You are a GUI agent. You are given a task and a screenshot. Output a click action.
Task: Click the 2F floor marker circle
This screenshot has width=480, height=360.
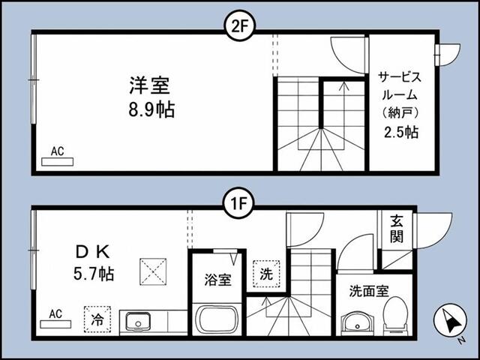(240, 28)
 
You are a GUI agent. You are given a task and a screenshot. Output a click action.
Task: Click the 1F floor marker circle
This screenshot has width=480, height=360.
(238, 203)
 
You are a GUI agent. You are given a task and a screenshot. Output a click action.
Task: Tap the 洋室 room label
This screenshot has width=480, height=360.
(149, 85)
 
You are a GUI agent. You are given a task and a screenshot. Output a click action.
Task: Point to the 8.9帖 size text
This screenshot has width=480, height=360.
(151, 109)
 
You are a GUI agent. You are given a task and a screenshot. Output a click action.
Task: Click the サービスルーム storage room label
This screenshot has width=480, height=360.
(400, 95)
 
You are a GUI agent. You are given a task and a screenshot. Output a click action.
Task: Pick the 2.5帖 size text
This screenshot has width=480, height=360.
(401, 132)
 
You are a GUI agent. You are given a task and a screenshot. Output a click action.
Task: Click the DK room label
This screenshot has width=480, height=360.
(92, 252)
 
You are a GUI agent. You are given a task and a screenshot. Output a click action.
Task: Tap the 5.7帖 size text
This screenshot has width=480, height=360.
(94, 273)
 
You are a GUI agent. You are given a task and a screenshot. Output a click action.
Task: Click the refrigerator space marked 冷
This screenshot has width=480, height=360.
(97, 319)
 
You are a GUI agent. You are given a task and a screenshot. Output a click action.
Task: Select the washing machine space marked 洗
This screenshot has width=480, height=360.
(266, 274)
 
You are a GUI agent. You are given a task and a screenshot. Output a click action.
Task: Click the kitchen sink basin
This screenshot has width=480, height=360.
(138, 322)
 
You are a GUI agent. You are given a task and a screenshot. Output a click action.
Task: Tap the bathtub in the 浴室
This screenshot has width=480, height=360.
(217, 320)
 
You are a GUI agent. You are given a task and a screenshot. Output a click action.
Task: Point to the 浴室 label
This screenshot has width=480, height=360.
(217, 280)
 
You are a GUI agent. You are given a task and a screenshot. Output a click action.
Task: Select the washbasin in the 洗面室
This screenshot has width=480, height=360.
(357, 323)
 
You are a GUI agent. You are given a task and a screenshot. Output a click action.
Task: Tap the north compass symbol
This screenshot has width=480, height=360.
(450, 320)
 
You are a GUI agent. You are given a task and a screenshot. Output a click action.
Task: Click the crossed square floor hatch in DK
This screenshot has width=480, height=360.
(153, 271)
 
